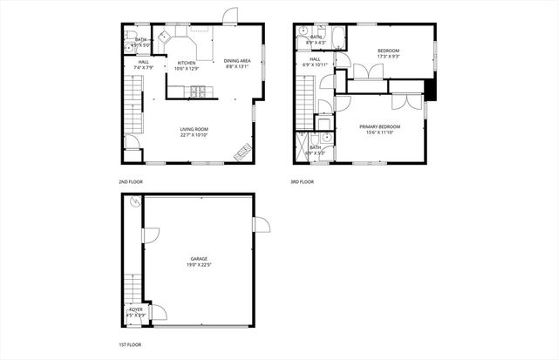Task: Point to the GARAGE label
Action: [x=200, y=258]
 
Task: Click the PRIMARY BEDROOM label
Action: [x=380, y=126]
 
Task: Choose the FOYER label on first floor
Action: [x=136, y=309]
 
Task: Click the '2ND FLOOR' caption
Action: [x=131, y=181]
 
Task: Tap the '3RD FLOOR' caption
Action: [x=303, y=181]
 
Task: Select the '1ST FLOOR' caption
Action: [x=130, y=346]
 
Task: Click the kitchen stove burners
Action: [x=198, y=90]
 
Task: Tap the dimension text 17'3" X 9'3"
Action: [x=389, y=58]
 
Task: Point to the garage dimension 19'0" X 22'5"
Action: [x=200, y=264]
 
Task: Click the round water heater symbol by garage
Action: [x=135, y=202]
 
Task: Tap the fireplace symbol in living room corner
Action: [x=242, y=152]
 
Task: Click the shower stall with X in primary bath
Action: [x=303, y=142]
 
